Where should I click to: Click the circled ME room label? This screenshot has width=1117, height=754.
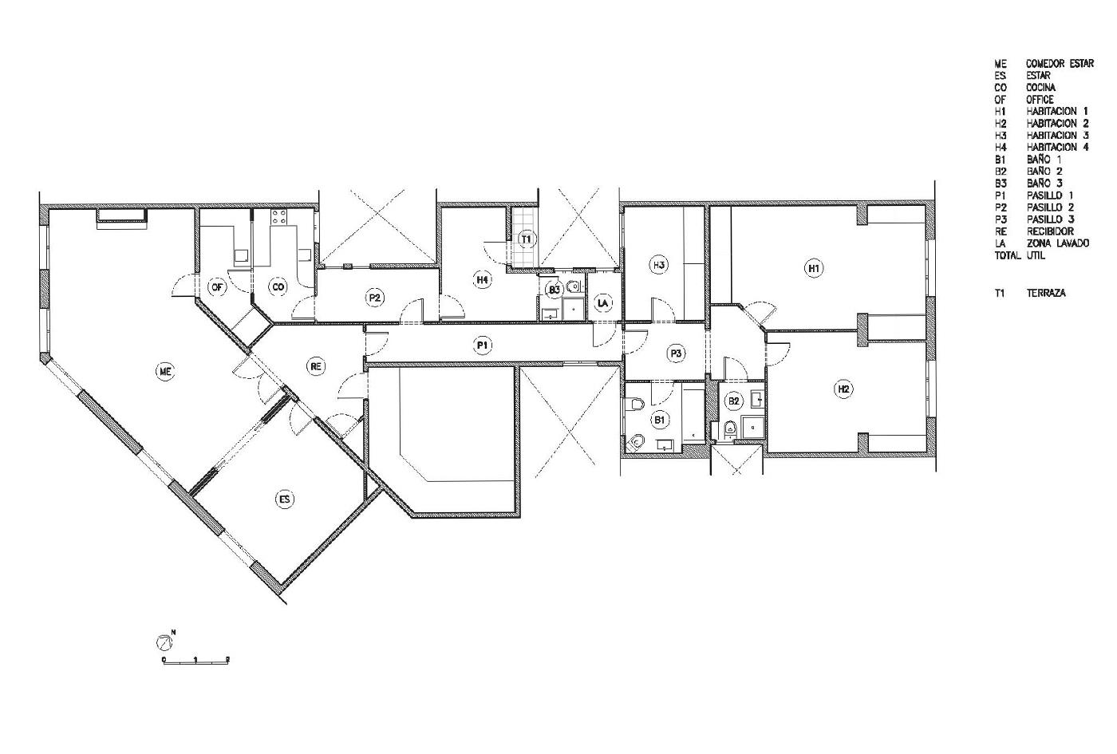[166, 371]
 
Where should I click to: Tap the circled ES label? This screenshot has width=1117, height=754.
[285, 499]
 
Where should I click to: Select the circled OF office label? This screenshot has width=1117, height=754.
[217, 286]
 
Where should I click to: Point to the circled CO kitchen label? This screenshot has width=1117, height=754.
[278, 286]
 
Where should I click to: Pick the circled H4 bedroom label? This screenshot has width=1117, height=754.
[482, 280]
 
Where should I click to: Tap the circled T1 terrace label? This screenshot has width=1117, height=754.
[526, 239]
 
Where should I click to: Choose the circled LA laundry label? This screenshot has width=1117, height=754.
[603, 302]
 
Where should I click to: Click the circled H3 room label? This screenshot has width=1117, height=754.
[659, 265]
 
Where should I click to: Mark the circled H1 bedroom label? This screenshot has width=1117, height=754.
[814, 268]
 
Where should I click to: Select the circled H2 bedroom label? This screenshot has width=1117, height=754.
[843, 389]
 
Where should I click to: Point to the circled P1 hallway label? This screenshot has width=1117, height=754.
[482, 345]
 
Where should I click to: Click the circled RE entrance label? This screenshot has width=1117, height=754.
[316, 366]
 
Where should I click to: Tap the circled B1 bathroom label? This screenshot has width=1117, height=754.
[659, 420]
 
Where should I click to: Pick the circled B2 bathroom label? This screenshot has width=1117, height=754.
[733, 401]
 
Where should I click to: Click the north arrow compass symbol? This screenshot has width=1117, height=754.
[164, 641]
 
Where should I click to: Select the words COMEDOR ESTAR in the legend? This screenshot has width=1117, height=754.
[1060, 64]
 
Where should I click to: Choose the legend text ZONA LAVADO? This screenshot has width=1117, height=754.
[1058, 243]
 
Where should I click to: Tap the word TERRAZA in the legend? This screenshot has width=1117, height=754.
[1046, 294]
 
